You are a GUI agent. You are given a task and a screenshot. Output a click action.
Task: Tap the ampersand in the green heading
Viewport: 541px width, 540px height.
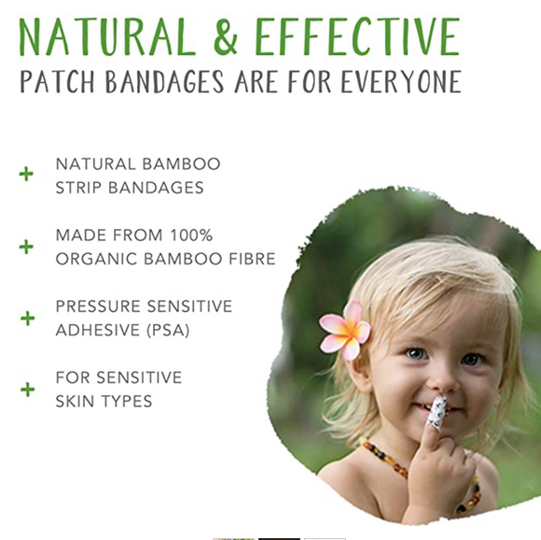click(225, 37)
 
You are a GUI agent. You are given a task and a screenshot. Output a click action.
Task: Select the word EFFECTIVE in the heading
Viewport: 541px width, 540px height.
click(358, 37)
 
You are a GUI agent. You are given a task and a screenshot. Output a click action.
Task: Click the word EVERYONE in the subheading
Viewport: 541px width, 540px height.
click(401, 81)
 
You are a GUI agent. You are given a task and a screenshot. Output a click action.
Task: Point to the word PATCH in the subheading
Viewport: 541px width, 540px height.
click(57, 81)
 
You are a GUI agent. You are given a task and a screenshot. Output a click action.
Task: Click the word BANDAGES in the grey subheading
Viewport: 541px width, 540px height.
click(165, 81)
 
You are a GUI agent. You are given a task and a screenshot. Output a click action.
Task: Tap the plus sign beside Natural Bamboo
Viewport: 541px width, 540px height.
click(26, 174)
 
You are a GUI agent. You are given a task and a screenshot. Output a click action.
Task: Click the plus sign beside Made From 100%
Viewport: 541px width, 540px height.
click(26, 247)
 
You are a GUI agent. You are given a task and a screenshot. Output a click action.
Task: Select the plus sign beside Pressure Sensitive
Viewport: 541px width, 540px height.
click(28, 319)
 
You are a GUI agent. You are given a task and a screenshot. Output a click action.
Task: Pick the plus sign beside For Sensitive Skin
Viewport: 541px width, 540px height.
click(28, 390)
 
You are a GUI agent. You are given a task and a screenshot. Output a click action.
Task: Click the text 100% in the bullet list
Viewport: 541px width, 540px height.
click(191, 235)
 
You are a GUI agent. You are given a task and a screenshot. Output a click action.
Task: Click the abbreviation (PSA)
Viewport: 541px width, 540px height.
click(169, 331)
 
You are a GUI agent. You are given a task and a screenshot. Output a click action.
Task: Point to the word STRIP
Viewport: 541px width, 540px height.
click(78, 188)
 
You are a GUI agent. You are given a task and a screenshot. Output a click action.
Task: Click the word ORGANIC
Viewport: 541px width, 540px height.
click(97, 259)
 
